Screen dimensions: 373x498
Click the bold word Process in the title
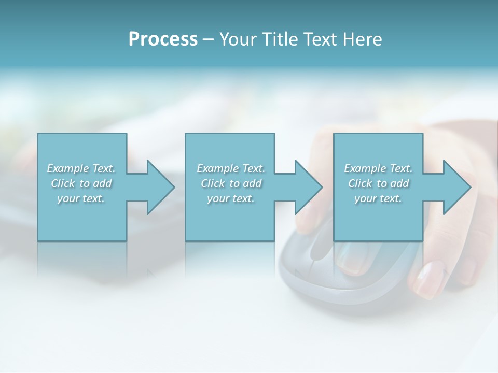tap(163, 39)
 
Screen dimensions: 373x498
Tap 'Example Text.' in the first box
tap(81, 168)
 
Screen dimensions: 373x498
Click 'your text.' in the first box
tap(81, 198)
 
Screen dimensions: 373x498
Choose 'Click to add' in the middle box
tap(231, 183)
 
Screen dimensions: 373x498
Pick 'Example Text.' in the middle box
tap(231, 168)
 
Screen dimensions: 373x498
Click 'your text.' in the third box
tap(378, 198)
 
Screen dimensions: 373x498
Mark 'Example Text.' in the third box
tap(378, 168)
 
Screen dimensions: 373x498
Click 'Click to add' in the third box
tap(378, 183)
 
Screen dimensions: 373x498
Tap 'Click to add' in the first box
tap(81, 183)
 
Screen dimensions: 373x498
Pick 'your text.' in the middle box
tap(231, 198)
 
